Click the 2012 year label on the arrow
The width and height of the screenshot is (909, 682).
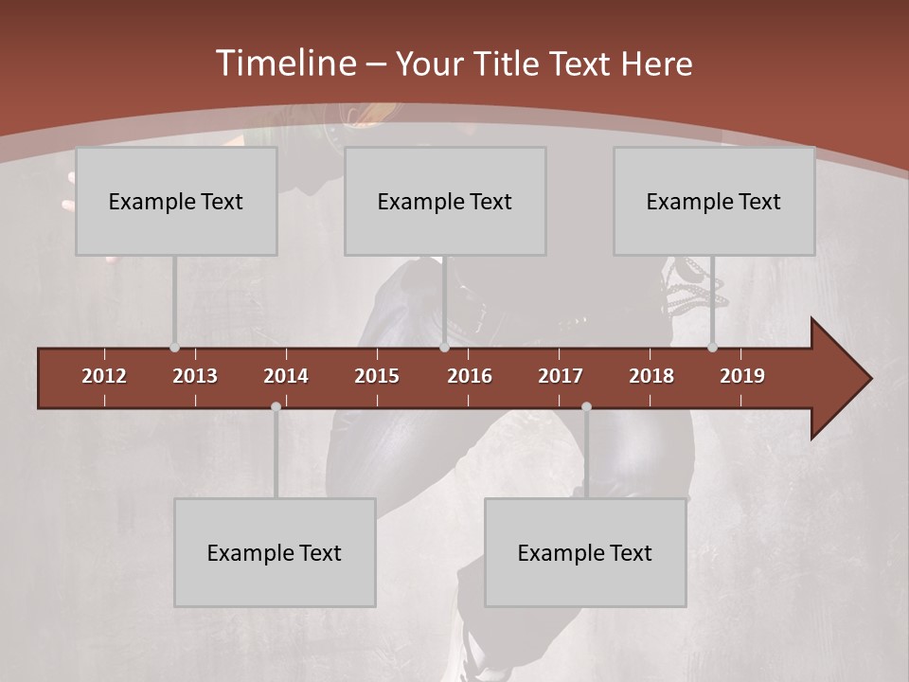[x=104, y=376]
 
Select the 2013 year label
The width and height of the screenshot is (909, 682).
[x=195, y=376]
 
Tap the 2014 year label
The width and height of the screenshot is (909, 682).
[x=286, y=376]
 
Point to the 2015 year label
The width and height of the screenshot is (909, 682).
[x=377, y=376]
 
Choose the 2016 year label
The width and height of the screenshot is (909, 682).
[x=470, y=376]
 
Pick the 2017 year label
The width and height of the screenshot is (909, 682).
[x=561, y=376]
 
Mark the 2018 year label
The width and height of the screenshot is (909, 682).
[x=651, y=376]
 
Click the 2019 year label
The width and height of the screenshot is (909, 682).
[x=742, y=376]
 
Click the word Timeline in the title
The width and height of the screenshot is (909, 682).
[x=286, y=63]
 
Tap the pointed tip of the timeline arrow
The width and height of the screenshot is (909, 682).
[x=869, y=379]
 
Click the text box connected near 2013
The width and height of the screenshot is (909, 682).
[x=176, y=201]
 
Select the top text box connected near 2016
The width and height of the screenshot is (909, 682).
[x=445, y=201]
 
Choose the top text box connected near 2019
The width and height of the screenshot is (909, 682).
[x=714, y=201]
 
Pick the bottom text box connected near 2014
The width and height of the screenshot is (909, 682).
[x=275, y=552]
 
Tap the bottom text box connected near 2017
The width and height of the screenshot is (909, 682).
[x=585, y=552]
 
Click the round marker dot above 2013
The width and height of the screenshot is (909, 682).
[x=175, y=348]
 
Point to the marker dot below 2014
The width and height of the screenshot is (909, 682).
[x=276, y=407]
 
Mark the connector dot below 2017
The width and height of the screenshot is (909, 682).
[x=586, y=407]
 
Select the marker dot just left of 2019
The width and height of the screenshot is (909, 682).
[x=713, y=348]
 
